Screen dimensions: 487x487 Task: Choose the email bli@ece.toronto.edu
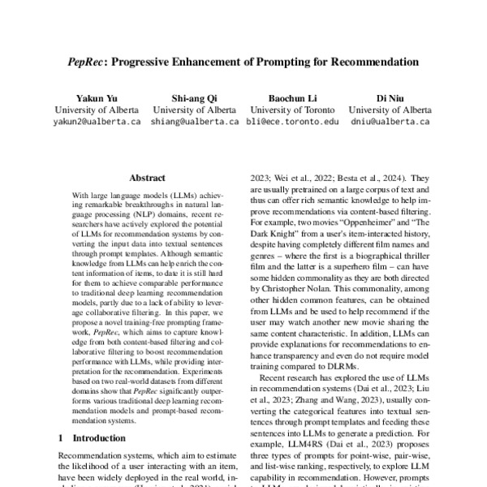coord(294,122)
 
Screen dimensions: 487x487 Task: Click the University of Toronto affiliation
coord(294,109)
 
